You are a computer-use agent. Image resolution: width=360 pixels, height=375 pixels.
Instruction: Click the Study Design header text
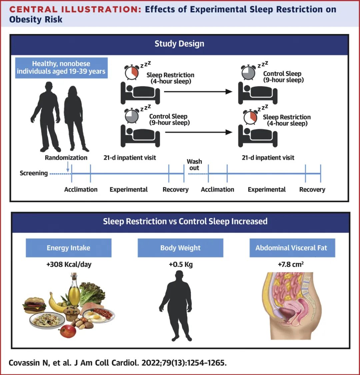pos(179,44)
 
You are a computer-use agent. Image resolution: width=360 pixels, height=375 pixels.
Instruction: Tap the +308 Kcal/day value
pos(69,265)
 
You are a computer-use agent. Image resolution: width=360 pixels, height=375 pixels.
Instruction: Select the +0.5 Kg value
pos(181,265)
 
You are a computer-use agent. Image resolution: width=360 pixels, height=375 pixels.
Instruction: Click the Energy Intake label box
pos(68,248)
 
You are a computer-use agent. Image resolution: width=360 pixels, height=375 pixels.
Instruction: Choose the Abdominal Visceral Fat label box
pos(292,248)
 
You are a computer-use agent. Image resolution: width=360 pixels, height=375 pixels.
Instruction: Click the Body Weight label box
pos(180,248)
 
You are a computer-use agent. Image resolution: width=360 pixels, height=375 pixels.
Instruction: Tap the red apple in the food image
pos(68,331)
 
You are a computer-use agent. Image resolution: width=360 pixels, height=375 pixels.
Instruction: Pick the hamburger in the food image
pos(35,304)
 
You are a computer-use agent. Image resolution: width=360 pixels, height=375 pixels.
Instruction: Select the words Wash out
pos(194,165)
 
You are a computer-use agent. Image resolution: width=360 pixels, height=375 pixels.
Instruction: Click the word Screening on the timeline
pos(34,173)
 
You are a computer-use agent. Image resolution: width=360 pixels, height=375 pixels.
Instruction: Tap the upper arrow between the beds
pos(198,92)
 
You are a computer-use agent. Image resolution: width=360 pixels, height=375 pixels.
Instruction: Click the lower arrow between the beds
pos(198,132)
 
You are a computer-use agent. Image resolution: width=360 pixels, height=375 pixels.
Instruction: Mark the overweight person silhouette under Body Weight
pos(179,305)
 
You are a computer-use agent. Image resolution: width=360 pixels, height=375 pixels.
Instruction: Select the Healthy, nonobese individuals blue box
pos(61,68)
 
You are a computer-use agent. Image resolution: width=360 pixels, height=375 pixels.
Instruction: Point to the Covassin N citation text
pos(118,363)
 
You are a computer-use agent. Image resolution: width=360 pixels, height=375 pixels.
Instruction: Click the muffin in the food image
pos(72,313)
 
